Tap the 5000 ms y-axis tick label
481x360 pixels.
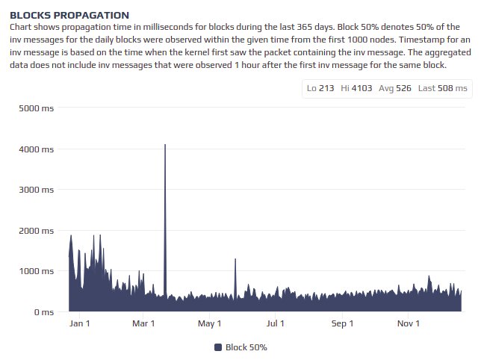tap(35, 108)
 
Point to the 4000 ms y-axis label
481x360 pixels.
tap(35, 149)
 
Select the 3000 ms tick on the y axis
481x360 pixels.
tap(35, 190)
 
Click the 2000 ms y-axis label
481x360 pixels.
tap(35, 230)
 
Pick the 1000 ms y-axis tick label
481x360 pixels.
tap(35, 271)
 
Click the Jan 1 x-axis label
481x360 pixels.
tap(78, 323)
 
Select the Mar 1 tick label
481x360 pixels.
tap(143, 323)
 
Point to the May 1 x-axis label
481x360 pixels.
tap(210, 323)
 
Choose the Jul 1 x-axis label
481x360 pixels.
tap(276, 323)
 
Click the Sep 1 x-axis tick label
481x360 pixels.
tap(342, 323)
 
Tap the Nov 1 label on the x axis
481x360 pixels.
tap(409, 323)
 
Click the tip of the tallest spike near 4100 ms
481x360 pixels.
tap(165, 145)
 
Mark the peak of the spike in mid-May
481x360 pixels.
tap(235, 259)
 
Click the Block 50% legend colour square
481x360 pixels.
tap(218, 347)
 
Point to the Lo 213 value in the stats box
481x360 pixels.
tap(320, 88)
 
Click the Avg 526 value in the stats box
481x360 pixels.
tap(390, 88)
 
